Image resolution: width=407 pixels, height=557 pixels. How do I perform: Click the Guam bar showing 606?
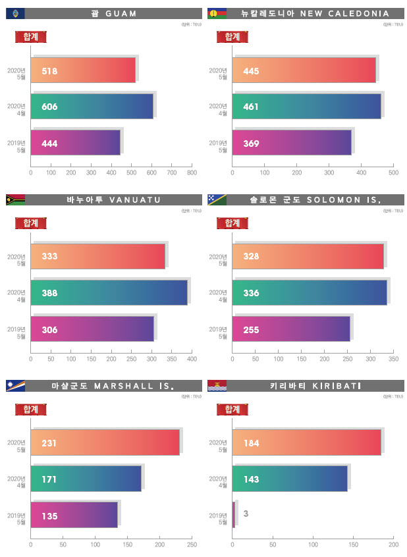pos(92,107)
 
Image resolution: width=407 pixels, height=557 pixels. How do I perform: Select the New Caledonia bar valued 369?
pos(292,143)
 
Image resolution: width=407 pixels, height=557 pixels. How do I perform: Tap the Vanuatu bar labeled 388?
pos(109,292)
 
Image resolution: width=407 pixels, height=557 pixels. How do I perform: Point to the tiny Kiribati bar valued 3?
pos(234,514)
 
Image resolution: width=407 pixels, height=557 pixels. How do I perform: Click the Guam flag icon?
pos(14,13)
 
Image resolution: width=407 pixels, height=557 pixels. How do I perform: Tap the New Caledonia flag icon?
pos(216,13)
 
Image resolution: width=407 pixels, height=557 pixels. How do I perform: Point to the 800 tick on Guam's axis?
pos(192,173)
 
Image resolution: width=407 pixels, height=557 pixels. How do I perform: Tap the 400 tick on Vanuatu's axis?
pos(192,360)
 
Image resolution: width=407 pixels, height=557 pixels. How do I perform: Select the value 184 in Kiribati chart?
pos(251,443)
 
